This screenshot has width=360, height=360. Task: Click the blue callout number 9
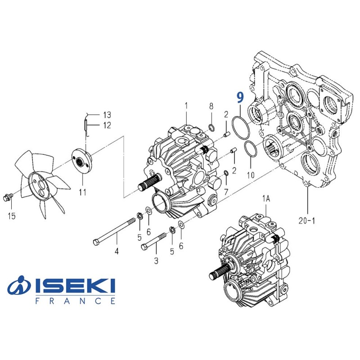point(240,97)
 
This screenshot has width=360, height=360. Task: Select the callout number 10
point(251,173)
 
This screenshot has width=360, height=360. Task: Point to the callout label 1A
point(266,198)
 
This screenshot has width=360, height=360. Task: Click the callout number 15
point(12,216)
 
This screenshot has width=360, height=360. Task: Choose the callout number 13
point(106,114)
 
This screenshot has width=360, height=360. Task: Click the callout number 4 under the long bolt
point(117,251)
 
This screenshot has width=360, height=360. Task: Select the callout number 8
point(211,106)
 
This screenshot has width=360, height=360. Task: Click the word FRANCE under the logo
point(75,301)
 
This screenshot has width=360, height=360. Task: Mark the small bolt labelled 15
point(7,197)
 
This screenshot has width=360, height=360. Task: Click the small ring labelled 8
point(210,126)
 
